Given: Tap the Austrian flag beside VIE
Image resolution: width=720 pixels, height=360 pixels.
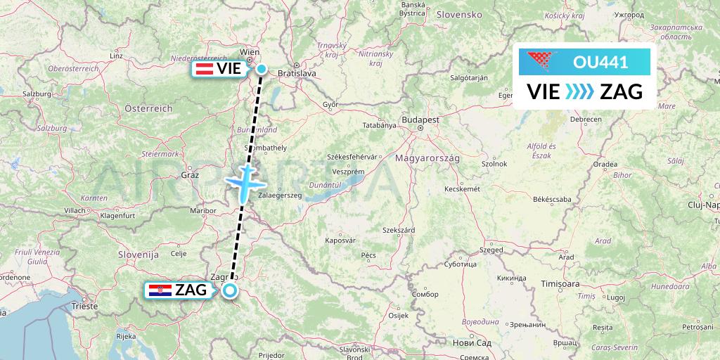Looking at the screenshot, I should tap(205, 69).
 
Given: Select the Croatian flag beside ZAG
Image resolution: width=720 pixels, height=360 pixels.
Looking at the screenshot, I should tap(155, 290).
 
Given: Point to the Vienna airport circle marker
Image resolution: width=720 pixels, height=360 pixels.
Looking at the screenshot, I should tap(262, 69).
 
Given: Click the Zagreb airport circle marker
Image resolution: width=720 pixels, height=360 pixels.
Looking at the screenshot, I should tap(229, 290).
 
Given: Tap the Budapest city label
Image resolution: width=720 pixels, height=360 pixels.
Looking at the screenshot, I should tap(420, 120).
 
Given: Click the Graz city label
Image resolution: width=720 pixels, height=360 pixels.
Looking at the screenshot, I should tap(190, 174).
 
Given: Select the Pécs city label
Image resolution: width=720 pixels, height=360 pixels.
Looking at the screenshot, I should tap(368, 254).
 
